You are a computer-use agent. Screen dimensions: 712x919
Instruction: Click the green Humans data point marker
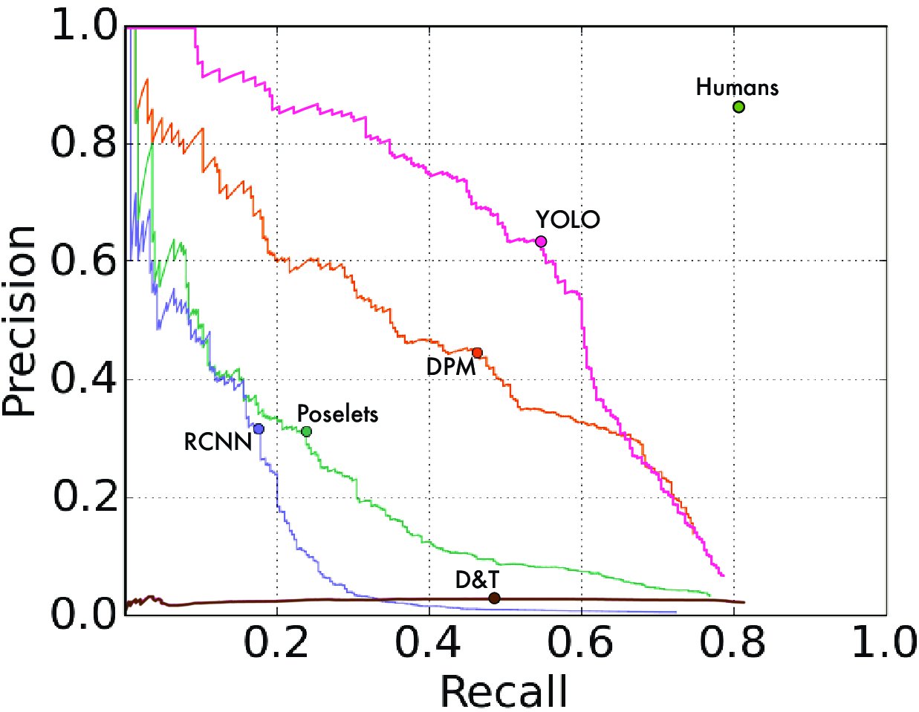click(x=738, y=107)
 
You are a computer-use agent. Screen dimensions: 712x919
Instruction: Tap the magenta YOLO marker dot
click(x=541, y=241)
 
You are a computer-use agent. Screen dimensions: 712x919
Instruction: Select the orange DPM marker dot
click(x=477, y=353)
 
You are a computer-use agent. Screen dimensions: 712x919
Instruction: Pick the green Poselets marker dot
click(x=306, y=431)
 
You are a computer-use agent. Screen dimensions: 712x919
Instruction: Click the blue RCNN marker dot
click(x=259, y=429)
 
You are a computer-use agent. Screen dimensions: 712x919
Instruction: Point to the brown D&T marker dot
click(x=494, y=598)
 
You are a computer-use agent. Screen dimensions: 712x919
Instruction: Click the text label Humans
click(x=737, y=88)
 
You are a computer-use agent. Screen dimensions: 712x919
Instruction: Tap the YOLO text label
click(x=568, y=220)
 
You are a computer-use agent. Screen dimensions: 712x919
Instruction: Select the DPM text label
click(x=451, y=367)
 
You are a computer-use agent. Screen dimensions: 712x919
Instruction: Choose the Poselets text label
click(x=337, y=414)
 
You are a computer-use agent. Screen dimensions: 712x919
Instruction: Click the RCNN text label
click(x=218, y=442)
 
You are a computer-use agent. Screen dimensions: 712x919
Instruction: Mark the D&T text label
click(x=477, y=580)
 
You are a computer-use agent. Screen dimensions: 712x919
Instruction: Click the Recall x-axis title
click(x=504, y=691)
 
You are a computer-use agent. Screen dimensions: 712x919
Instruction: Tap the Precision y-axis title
click(x=20, y=321)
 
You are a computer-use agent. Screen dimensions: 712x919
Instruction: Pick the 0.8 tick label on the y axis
click(x=84, y=143)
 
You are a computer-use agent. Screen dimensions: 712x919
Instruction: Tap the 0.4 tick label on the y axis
click(x=84, y=379)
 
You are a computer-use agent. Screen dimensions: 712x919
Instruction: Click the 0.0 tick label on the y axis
click(x=84, y=615)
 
